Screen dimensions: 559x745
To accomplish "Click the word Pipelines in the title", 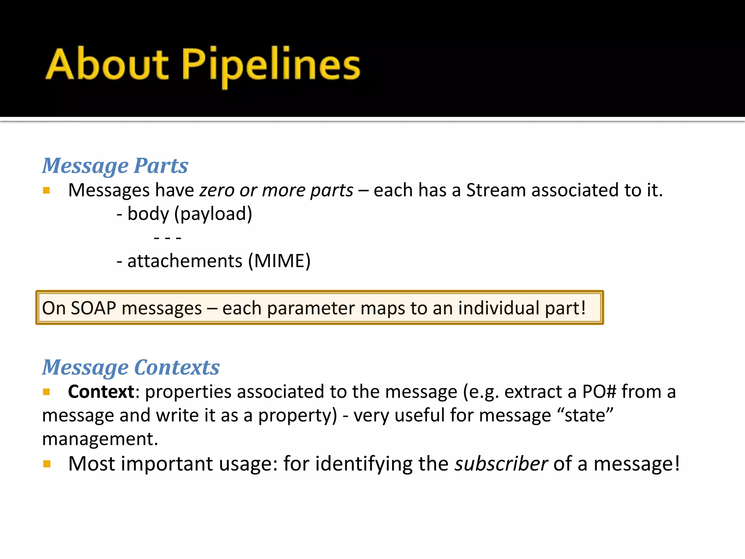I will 271,66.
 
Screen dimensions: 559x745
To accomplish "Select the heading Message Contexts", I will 131,367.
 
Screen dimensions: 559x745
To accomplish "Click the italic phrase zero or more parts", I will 276,191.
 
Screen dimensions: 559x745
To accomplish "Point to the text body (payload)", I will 189,214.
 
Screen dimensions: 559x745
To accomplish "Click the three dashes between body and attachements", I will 168,238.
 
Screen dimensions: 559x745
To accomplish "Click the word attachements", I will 185,261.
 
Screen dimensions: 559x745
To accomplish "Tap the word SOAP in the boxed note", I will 93,308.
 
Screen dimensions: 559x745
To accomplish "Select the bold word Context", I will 101,392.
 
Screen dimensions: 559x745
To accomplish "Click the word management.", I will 100,439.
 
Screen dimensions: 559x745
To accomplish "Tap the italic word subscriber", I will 501,464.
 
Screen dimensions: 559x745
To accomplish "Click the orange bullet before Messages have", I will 46,190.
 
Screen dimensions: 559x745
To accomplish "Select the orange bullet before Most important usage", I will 47,464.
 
